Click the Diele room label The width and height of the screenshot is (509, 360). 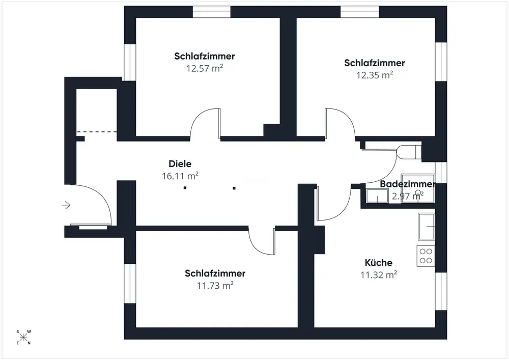[180, 164]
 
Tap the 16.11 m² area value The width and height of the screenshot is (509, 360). [179, 176]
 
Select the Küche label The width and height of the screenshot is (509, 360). [378, 263]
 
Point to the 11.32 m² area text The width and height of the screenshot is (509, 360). [378, 275]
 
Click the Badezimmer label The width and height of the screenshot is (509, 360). [407, 184]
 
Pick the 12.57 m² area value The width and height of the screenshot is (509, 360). [205, 68]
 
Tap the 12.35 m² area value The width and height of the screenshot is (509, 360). [374, 75]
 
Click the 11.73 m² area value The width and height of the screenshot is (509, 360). [215, 285]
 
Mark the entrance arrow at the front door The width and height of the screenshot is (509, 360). [66, 205]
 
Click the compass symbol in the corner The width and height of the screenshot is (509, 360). [24, 337]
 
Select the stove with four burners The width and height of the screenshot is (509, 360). [426, 256]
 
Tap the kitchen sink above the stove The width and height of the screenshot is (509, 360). [426, 226]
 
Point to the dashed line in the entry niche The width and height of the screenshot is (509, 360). [97, 132]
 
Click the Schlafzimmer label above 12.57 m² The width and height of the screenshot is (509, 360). [204, 56]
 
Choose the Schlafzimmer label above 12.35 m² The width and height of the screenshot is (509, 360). [374, 63]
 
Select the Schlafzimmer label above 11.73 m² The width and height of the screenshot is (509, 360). [215, 273]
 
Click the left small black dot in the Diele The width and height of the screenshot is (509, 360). [185, 187]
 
